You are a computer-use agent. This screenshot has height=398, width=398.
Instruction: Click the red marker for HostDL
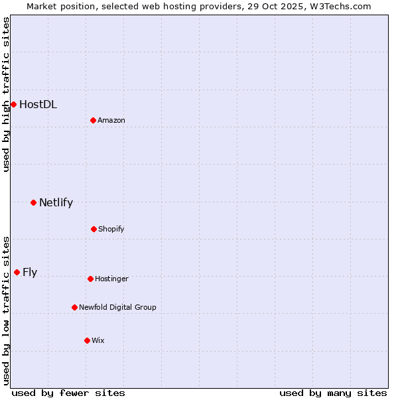point(13,104)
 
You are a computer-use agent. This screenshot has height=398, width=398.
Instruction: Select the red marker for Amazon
point(93,120)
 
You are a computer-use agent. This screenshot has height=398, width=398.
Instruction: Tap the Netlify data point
point(33,202)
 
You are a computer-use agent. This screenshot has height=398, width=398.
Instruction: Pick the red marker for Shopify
point(94,229)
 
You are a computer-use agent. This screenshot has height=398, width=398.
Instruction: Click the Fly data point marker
point(17,272)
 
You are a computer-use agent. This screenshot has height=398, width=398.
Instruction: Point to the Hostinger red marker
point(90,279)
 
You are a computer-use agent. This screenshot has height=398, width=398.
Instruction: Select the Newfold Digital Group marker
point(74,307)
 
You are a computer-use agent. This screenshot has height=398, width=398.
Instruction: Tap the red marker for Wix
point(87,340)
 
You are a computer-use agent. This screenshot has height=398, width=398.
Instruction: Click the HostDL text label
point(38,104)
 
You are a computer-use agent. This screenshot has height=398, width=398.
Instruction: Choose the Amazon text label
point(111,120)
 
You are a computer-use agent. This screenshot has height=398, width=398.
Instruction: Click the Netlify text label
point(56,202)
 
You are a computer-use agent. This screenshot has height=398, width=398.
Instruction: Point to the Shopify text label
point(111,229)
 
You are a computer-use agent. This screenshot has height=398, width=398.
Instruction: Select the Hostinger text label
point(111,279)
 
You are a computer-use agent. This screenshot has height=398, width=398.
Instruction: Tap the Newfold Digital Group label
point(117,307)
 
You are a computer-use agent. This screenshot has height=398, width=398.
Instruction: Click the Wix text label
point(98,340)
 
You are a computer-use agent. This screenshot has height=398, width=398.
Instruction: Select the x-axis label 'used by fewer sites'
point(68,393)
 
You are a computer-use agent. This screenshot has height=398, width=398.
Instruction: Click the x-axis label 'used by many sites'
point(333,393)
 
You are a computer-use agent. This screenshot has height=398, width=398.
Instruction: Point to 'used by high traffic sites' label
point(6,94)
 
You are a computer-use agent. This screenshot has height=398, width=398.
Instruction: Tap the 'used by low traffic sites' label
point(6,310)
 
